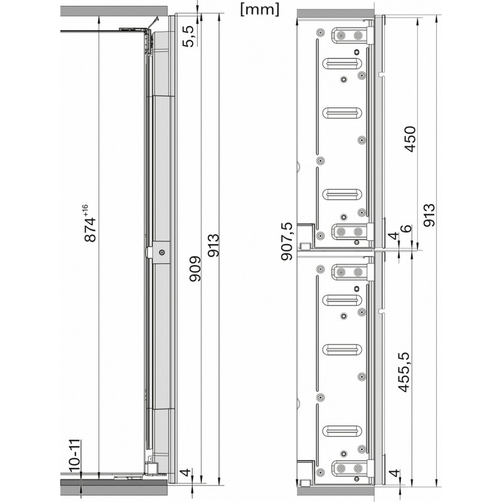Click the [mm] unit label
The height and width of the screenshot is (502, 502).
click(260, 10)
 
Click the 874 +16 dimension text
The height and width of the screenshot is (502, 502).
click(88, 223)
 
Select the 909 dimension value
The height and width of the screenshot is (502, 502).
click(195, 269)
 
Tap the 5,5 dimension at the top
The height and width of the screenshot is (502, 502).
click(189, 36)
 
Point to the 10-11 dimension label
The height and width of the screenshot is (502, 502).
click(74, 455)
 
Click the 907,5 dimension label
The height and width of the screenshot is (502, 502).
click(287, 242)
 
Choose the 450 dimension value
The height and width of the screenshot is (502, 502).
click(410, 139)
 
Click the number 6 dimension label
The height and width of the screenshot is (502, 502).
click(405, 228)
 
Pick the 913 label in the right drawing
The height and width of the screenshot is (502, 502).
click(429, 215)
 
